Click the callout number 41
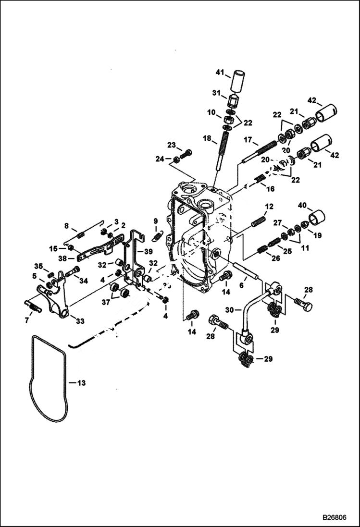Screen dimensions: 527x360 tap(220, 73)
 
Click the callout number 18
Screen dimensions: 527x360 tap(207, 138)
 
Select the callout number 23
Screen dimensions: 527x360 tap(172, 146)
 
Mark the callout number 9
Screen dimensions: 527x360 tap(155, 221)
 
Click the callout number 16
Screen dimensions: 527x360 tap(271, 189)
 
